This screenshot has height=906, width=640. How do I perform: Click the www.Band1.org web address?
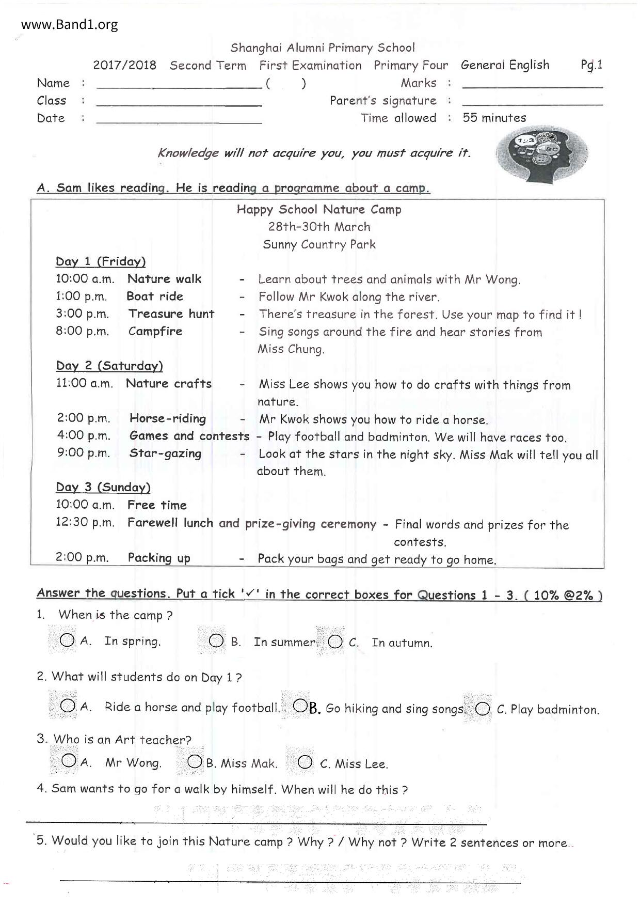click(x=69, y=24)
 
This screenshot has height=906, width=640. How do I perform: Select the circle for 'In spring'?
click(x=67, y=641)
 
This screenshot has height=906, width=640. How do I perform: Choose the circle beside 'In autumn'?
click(x=335, y=642)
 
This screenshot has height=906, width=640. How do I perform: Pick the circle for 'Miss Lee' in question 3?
click(x=305, y=762)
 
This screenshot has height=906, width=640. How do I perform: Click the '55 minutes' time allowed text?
click(x=494, y=118)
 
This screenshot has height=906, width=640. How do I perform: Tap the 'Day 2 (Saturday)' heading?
click(x=109, y=366)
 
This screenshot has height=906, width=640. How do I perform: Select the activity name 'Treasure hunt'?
click(x=171, y=314)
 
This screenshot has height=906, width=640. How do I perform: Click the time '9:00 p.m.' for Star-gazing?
click(x=84, y=453)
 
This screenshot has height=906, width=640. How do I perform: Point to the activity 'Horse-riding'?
click(x=168, y=418)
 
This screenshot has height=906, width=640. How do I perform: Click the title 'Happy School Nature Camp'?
click(x=319, y=209)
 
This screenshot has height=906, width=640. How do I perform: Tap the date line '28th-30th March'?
click(x=319, y=227)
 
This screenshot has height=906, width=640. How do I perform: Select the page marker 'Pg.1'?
click(x=591, y=65)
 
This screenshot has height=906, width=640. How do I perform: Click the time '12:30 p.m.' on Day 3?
click(x=85, y=522)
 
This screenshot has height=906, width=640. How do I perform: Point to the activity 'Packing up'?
click(x=159, y=558)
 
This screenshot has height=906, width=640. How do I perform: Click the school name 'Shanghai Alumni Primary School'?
click(x=322, y=48)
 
